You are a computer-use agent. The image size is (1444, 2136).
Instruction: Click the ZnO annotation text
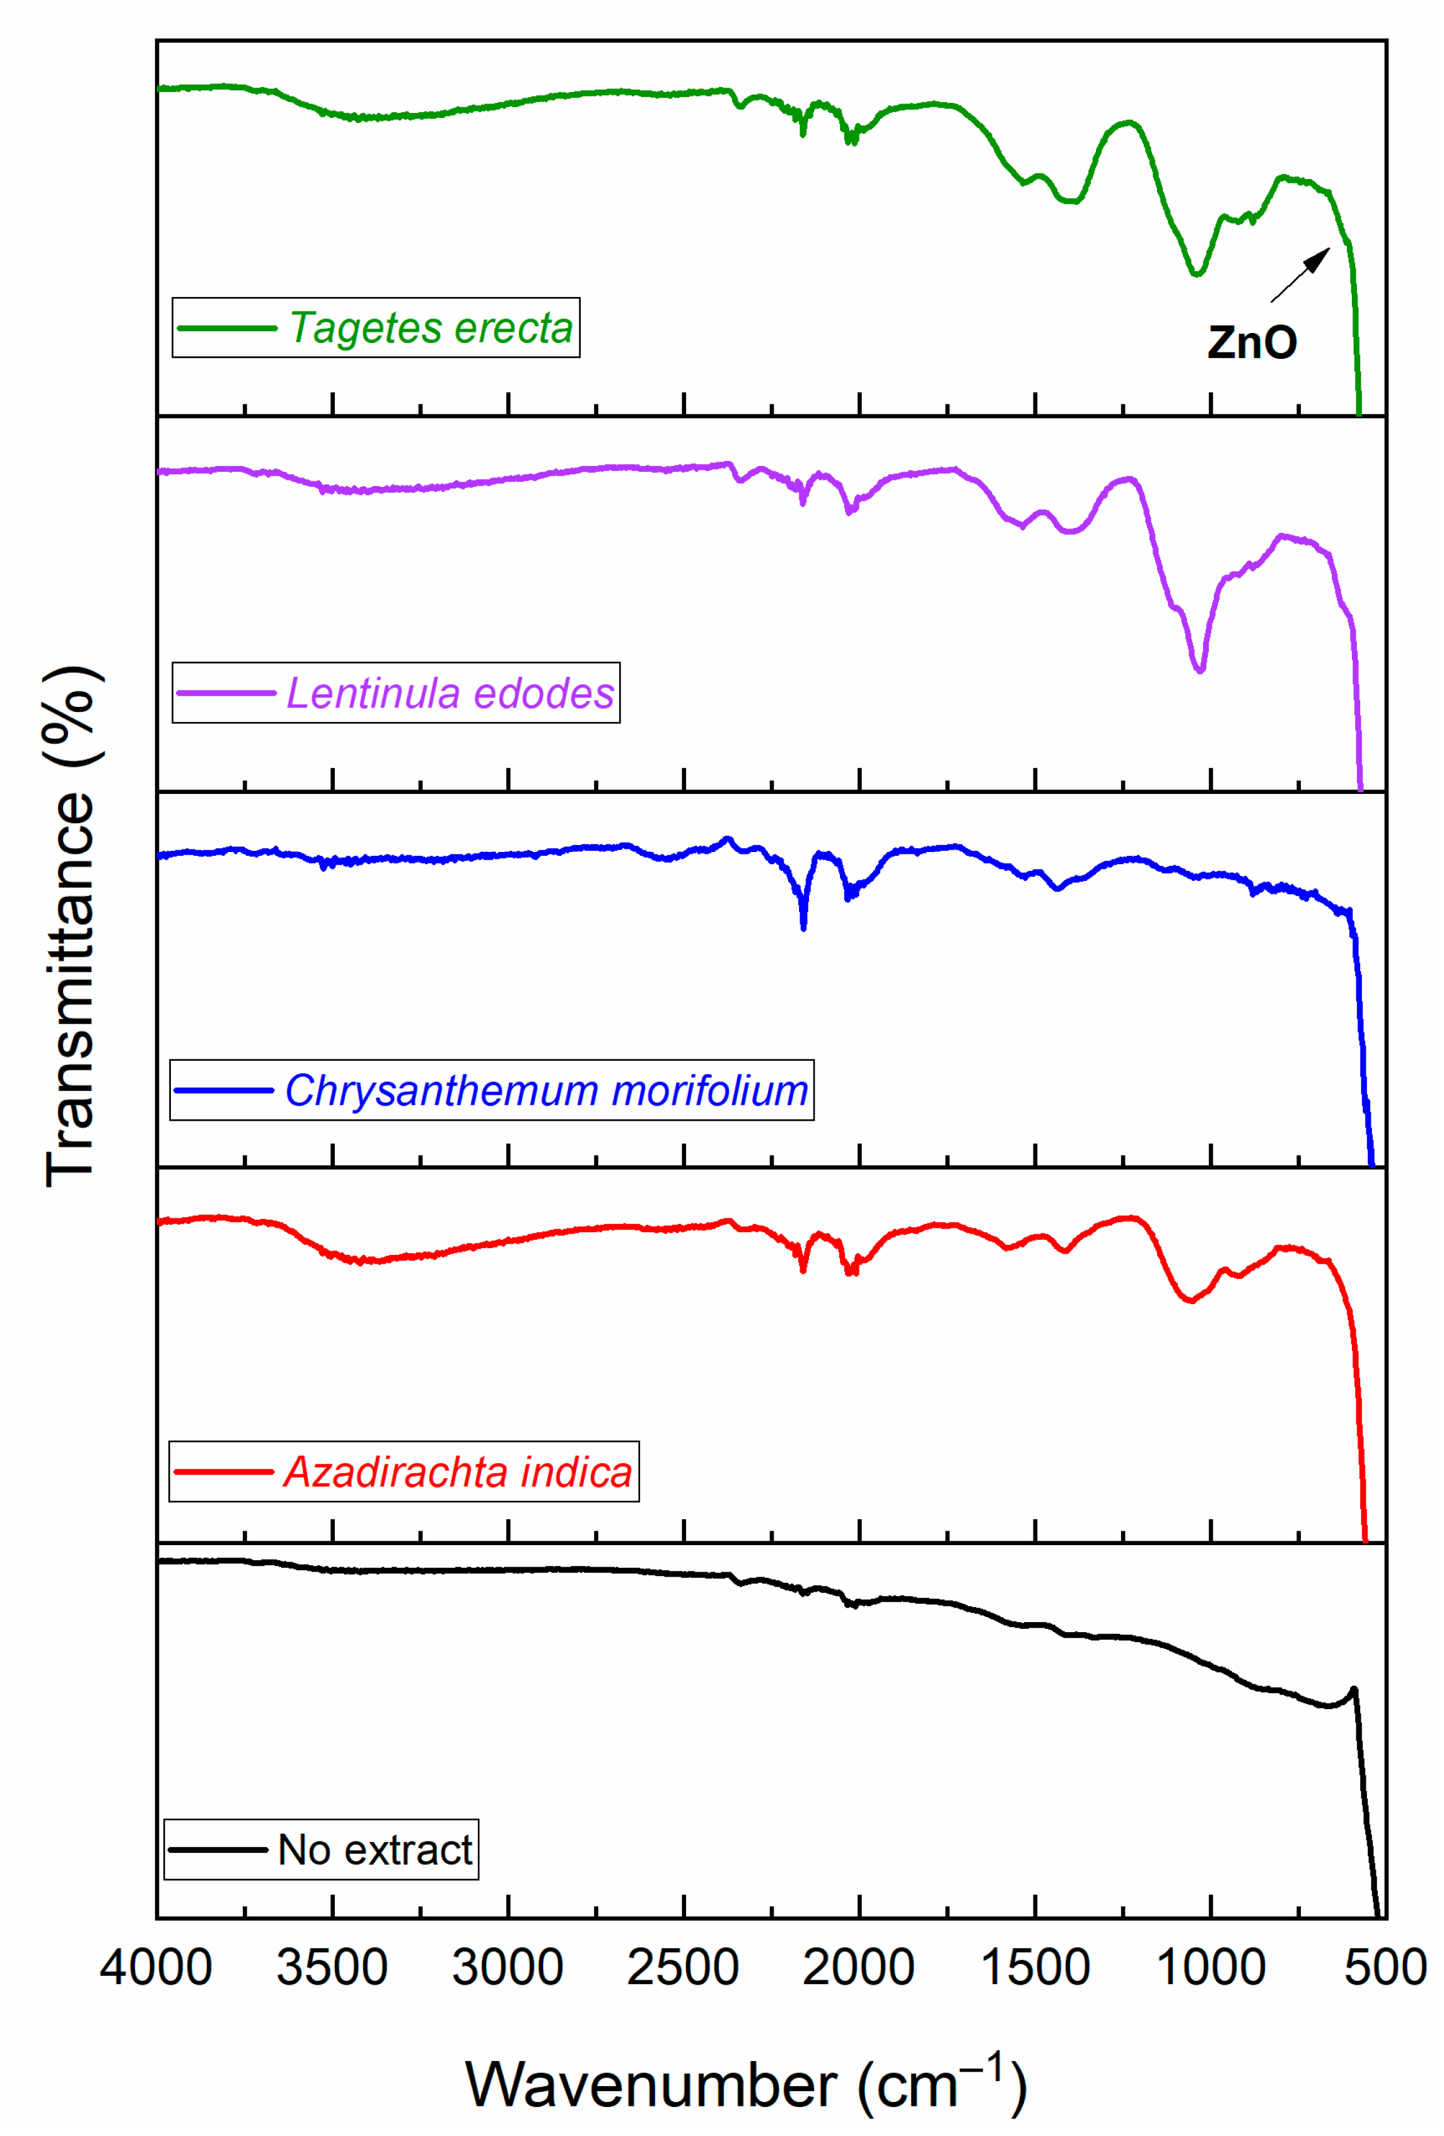1252,343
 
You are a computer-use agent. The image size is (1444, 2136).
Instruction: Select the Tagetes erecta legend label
430,328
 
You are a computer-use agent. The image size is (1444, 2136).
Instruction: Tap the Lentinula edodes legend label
450,693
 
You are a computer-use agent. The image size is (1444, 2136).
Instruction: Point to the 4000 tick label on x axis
156,1968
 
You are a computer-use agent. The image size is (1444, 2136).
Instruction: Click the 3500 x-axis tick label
332,1968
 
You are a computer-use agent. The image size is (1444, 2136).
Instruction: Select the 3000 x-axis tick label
508,1968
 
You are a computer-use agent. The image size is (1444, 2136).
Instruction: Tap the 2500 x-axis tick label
683,1968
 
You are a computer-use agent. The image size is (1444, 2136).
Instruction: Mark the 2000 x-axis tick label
858,1968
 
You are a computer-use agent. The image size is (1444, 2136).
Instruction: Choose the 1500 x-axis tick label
1035,1968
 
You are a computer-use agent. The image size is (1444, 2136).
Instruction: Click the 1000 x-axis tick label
1211,1968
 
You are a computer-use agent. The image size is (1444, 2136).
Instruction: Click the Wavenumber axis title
747,2084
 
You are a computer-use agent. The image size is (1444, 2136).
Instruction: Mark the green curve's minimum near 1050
1196,274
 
